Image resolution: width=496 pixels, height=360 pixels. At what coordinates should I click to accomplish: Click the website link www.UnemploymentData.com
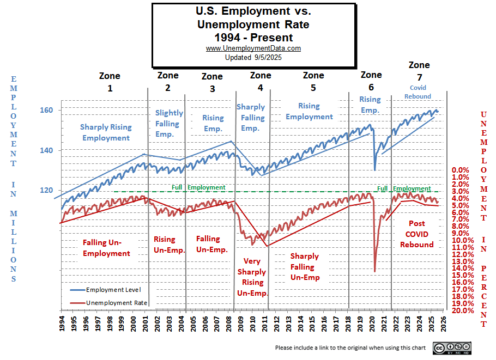253,48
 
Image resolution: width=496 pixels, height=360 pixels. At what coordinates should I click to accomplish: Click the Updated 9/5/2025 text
253,57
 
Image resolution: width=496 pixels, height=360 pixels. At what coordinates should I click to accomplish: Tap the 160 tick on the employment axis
46,110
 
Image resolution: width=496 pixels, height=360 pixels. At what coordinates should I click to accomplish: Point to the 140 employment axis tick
46,150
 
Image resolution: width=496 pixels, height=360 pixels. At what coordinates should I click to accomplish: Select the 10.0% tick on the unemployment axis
463,240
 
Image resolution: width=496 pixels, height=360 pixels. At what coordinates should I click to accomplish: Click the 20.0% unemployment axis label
463,310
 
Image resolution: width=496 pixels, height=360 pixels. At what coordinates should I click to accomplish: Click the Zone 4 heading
260,81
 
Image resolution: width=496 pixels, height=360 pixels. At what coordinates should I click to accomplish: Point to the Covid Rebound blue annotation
418,92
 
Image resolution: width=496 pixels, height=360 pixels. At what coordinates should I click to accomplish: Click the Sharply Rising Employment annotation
106,132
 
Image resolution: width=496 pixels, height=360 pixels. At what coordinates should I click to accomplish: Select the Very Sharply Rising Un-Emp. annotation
251,277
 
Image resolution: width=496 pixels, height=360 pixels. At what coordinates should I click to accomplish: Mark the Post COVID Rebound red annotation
417,234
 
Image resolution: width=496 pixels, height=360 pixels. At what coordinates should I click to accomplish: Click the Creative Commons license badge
452,348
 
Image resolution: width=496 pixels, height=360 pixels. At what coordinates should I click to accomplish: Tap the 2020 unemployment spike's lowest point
375,271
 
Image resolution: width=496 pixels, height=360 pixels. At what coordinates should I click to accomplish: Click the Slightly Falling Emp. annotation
168,124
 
